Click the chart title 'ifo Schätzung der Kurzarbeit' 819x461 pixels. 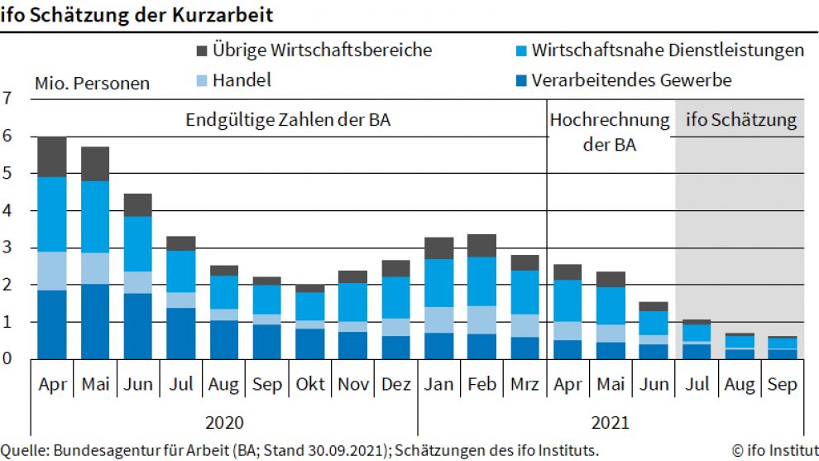137,15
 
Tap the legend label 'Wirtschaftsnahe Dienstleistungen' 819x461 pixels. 667,50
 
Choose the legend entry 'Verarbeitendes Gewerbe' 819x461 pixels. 631,80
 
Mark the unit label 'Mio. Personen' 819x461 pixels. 92,84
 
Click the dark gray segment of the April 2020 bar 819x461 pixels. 52,156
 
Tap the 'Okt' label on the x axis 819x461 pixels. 309,385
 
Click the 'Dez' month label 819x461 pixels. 395,385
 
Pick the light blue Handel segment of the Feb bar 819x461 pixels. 481,319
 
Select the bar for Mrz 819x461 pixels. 524,306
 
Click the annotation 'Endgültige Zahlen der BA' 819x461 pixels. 288,120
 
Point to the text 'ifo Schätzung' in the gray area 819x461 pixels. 741,121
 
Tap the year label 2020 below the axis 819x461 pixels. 223,422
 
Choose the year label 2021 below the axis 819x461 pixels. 611,422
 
